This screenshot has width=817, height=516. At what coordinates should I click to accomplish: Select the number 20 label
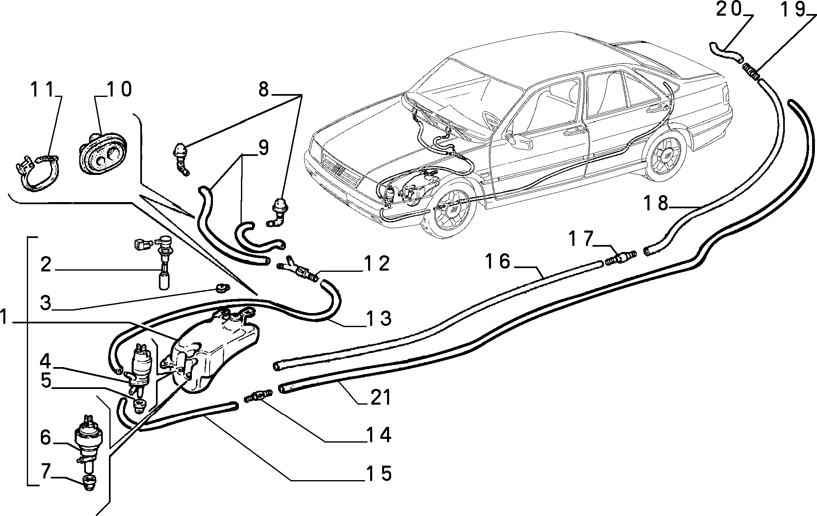(729, 9)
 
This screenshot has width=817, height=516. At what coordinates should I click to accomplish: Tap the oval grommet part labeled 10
(102, 153)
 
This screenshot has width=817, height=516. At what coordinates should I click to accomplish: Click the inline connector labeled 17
(621, 257)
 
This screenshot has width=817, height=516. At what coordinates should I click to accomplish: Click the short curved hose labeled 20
(725, 54)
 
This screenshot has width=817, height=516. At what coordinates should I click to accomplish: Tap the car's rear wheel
(665, 158)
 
